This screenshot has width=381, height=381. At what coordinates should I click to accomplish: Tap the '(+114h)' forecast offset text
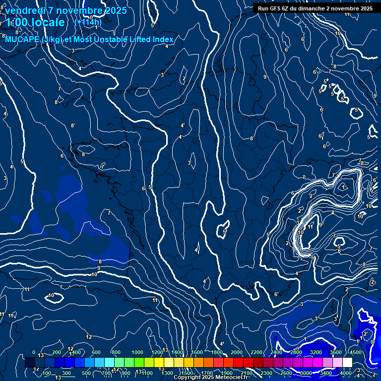click(x=88, y=22)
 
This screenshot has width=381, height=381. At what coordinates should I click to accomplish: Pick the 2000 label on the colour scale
click(x=236, y=352)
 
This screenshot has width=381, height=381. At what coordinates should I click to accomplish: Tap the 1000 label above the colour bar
click(x=137, y=352)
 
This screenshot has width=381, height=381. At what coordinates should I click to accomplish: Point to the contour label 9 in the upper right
click(x=265, y=77)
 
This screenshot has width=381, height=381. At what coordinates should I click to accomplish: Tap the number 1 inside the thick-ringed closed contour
click(x=343, y=187)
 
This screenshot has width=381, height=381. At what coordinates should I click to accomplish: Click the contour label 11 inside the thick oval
click(x=310, y=227)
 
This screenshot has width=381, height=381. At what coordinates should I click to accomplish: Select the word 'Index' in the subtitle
click(x=163, y=39)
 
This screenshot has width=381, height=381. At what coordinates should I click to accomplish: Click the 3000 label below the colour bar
click(x=306, y=373)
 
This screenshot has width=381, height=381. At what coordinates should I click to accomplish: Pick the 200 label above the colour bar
click(x=56, y=352)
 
